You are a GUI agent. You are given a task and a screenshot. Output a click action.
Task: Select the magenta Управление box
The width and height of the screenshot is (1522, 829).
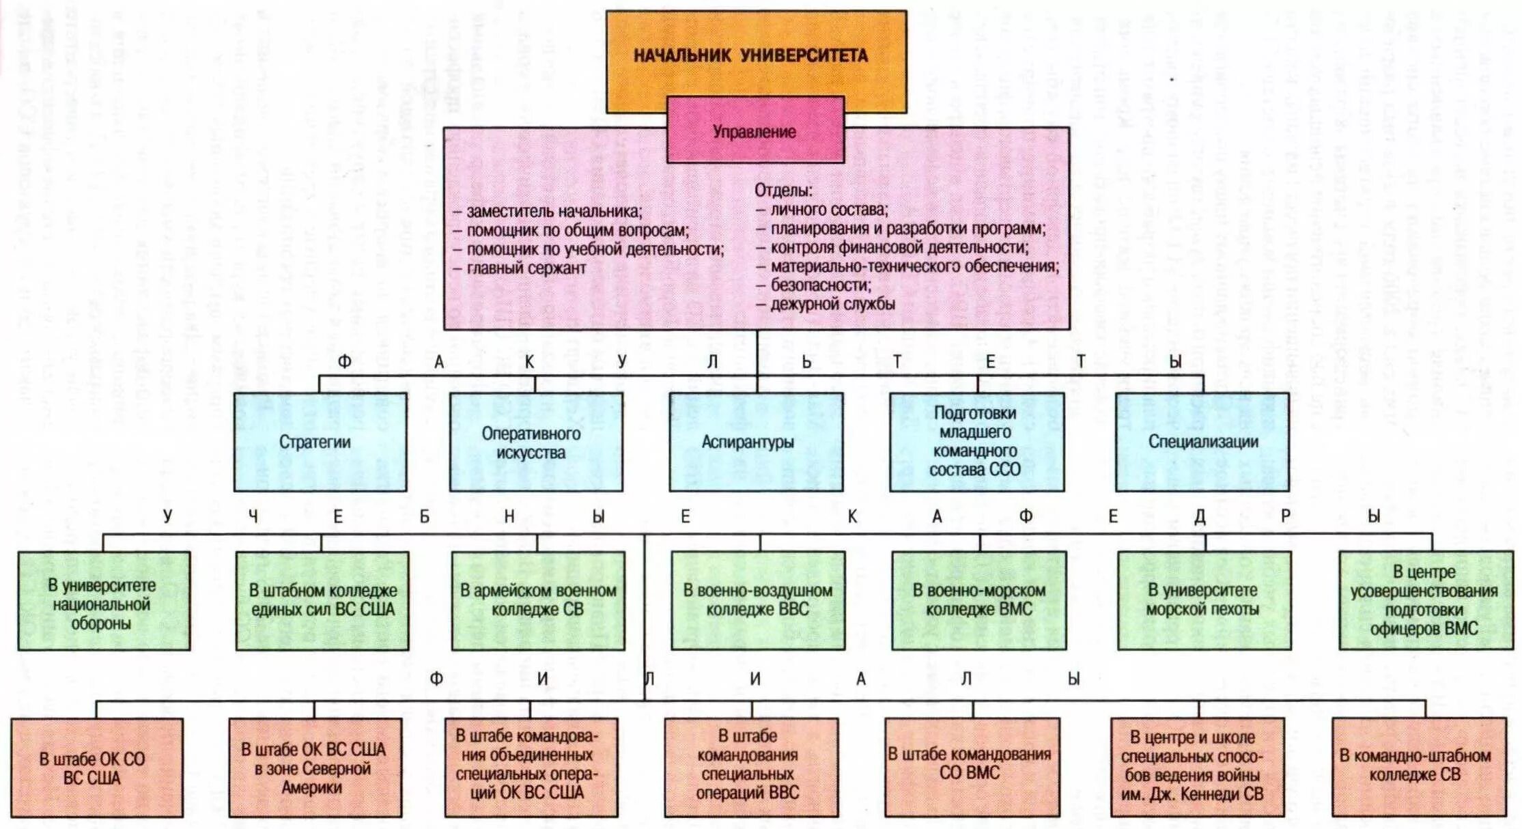755,131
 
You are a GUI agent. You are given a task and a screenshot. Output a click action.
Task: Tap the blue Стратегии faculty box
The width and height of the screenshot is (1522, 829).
320,442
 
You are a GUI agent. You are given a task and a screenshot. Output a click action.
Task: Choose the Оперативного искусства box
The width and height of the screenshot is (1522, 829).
536,442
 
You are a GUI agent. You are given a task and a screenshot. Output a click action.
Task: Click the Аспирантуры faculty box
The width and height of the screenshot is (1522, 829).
755,442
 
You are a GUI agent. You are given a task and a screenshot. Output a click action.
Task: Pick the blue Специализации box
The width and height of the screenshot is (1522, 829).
1202,442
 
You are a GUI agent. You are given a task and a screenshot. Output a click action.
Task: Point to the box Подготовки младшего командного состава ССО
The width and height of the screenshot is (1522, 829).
976,442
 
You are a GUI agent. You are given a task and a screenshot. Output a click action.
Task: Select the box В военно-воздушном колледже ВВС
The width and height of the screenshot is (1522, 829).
758,600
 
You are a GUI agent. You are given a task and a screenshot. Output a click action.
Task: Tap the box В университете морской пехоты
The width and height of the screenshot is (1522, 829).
1204,600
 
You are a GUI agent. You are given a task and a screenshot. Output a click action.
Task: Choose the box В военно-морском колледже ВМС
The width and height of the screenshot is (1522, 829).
978,600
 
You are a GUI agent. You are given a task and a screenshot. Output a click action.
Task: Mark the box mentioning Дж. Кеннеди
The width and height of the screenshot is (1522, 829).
1197,766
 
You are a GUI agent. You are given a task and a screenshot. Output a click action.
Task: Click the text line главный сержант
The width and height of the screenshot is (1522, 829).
526,268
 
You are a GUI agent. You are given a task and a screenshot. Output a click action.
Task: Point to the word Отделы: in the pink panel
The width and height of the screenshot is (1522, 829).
783,191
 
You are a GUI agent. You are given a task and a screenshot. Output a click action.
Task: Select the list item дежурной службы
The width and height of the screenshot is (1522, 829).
832,304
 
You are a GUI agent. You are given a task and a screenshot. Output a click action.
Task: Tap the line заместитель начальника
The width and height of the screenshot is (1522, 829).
554,212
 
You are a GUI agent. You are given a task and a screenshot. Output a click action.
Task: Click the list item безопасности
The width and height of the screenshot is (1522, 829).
821,285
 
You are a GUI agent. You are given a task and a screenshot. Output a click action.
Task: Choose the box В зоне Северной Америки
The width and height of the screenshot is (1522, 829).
315,768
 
